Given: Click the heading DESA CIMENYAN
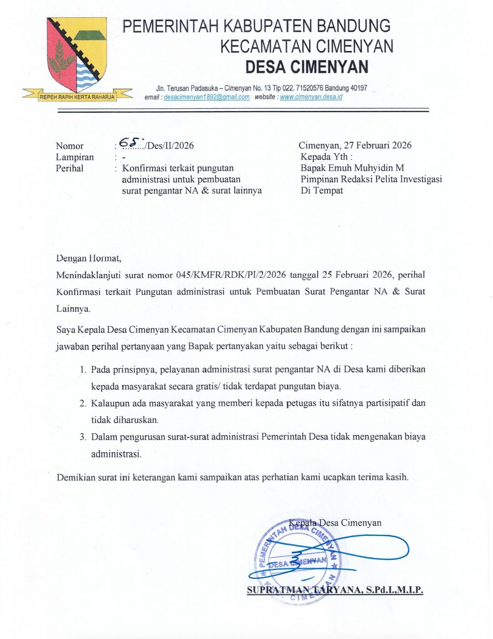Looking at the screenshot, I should click(x=306, y=67).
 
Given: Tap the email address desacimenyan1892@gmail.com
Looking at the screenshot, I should click(x=206, y=97).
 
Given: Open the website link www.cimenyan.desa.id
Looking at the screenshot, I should click(x=311, y=97).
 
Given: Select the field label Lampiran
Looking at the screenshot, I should click(x=74, y=157).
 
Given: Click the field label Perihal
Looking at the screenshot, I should click(x=69, y=169).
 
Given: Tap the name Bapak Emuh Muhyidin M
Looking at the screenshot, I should click(x=352, y=168).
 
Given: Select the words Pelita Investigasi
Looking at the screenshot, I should click(x=408, y=179).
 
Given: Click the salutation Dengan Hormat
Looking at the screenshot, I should click(x=89, y=258).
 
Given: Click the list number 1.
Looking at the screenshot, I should click(x=83, y=370).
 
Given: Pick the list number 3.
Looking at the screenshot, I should click(x=83, y=437).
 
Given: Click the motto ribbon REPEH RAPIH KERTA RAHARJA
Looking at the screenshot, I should click(x=77, y=97).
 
